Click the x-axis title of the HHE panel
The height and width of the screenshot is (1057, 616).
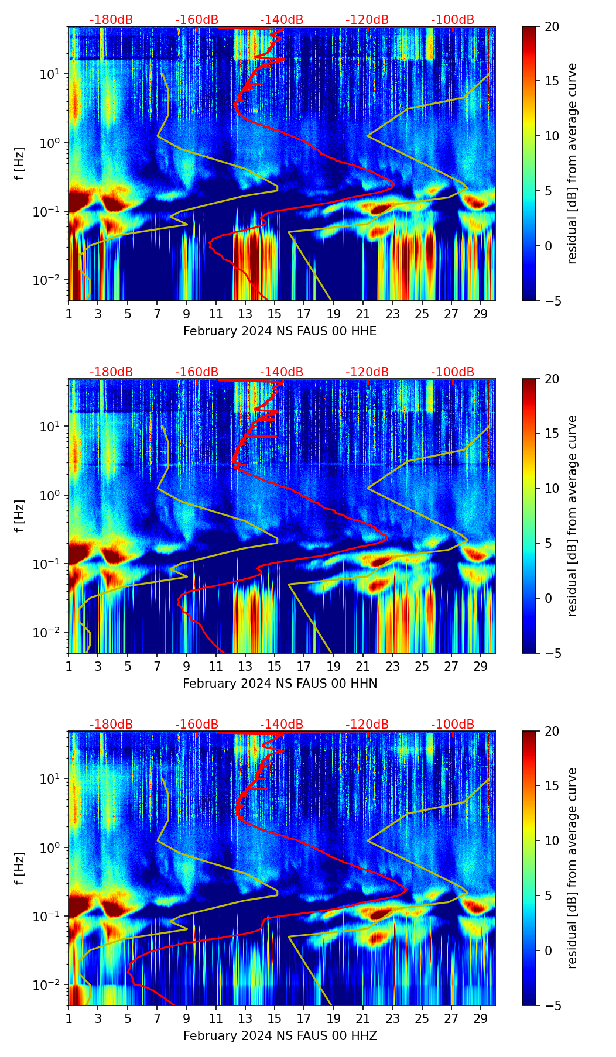[x=280, y=331]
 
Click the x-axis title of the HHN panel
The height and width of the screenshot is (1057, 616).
[x=280, y=684]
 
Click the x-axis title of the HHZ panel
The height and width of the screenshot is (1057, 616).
[x=280, y=1036]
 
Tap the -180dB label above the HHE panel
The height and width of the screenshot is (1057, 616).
[x=111, y=20]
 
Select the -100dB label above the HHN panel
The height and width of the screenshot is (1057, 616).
[x=453, y=372]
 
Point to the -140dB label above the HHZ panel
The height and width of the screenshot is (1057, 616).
[x=282, y=725]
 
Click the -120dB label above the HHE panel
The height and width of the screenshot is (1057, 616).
[x=367, y=20]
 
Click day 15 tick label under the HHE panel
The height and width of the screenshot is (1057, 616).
[x=274, y=313]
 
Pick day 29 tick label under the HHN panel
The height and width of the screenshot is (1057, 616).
[x=481, y=665]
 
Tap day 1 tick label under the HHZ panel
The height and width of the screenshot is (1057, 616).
[x=69, y=1018]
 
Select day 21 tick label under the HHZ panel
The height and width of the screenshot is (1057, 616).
[x=362, y=1018]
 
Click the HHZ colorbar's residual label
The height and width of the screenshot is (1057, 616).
[x=573, y=868]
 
